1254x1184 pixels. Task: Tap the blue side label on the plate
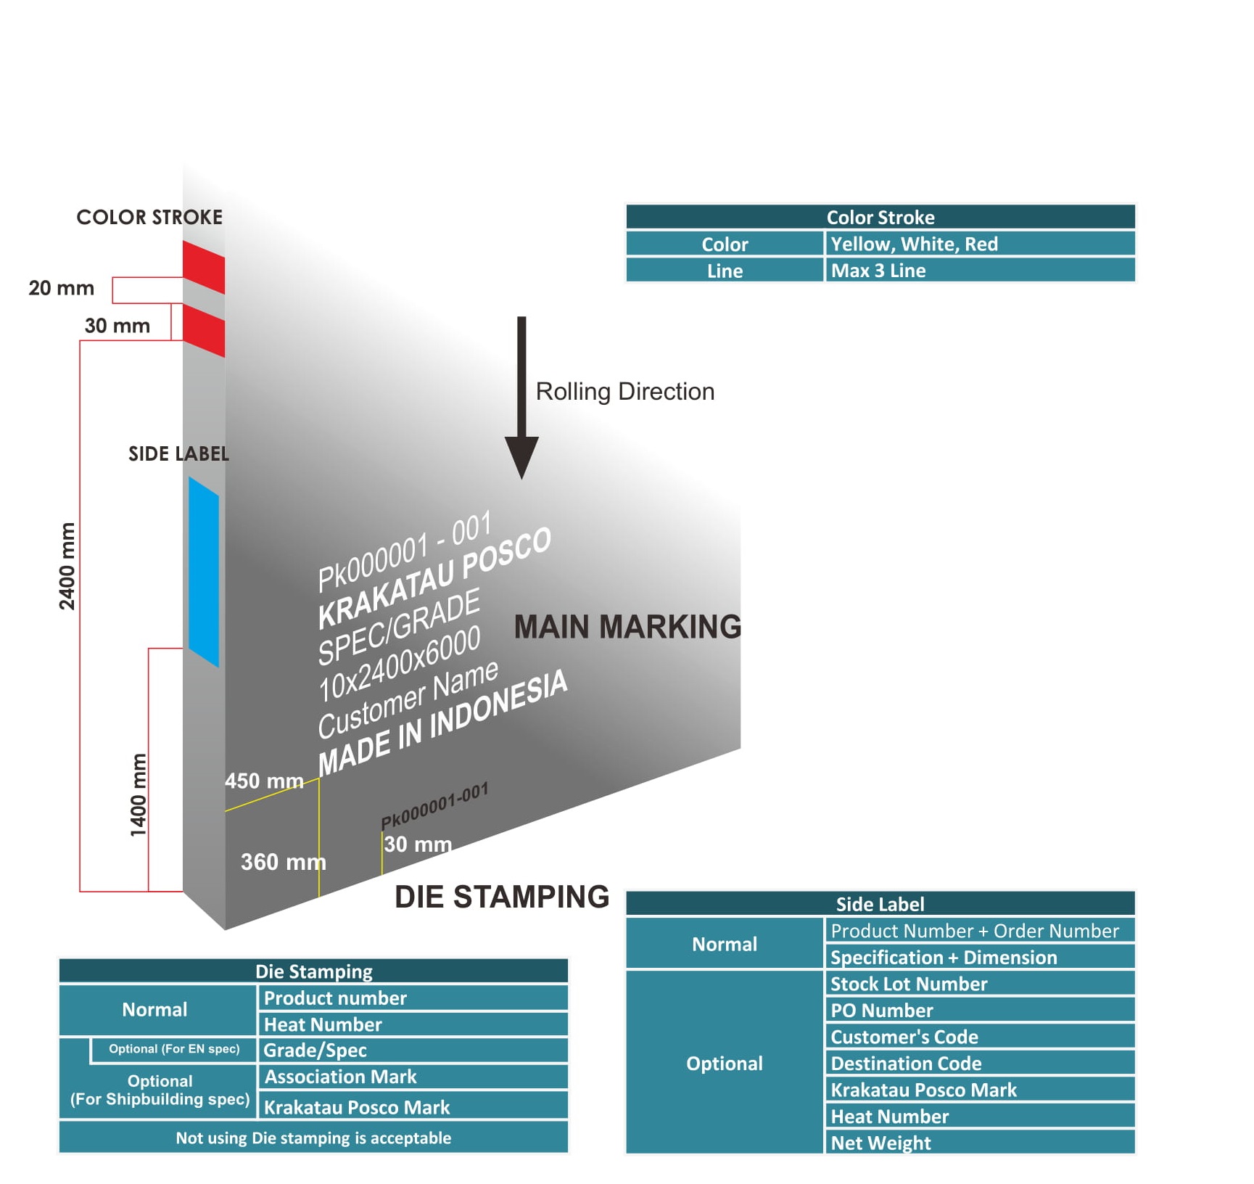[x=204, y=571]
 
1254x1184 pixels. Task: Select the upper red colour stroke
[x=204, y=267]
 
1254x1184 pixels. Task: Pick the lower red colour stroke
[x=204, y=330]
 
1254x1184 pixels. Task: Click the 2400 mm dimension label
[x=67, y=566]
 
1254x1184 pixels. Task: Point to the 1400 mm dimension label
[x=138, y=794]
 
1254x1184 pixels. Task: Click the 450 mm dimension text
[x=264, y=781]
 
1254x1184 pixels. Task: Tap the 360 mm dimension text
[x=283, y=862]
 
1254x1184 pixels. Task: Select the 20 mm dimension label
[x=62, y=288]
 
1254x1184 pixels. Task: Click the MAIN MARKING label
[x=627, y=627]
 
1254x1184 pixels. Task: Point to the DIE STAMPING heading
[x=502, y=897]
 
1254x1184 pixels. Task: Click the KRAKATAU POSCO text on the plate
[x=434, y=577]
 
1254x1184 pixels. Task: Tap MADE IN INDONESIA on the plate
[x=442, y=723]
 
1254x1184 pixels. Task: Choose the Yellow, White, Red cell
[x=979, y=244]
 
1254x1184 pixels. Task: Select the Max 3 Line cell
[x=979, y=271]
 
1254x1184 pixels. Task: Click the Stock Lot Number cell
[x=979, y=984]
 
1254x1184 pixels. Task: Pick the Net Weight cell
[x=979, y=1143]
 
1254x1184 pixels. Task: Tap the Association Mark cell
[x=413, y=1077]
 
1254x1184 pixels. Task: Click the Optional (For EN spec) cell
[x=174, y=1049]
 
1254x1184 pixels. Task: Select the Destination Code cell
[x=979, y=1064]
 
